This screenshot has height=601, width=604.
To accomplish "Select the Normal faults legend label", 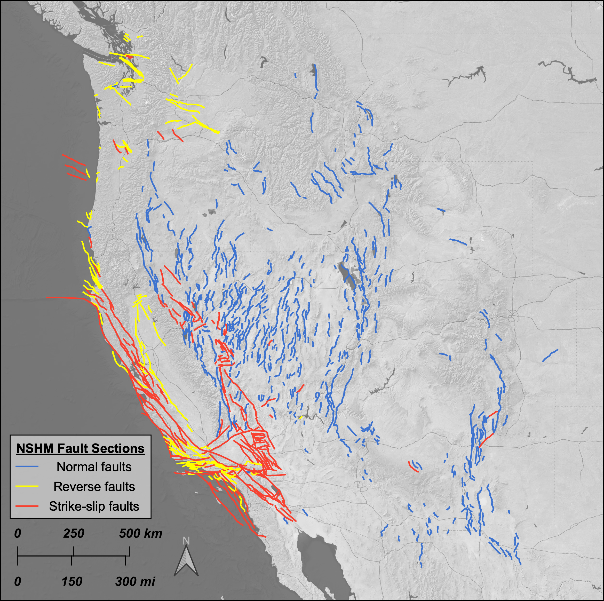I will (94, 467).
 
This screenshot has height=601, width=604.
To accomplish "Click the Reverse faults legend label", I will (94, 487).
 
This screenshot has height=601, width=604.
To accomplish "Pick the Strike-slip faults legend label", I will (94, 506).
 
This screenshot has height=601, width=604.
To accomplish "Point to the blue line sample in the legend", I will (27, 467).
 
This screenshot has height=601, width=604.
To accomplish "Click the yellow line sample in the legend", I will (27, 487).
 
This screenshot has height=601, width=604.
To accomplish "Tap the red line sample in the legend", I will (27, 506).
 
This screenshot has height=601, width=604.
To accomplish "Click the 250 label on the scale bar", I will (74, 533).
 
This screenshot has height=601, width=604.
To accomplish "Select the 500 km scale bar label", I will (140, 533).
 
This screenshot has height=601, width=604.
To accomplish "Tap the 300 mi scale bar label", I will (135, 582).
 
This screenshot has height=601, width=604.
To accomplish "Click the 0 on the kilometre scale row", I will (18, 533).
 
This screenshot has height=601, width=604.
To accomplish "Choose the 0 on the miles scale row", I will (18, 582).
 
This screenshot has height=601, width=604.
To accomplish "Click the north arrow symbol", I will (186, 561).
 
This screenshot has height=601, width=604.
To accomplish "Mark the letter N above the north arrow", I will (186, 541).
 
